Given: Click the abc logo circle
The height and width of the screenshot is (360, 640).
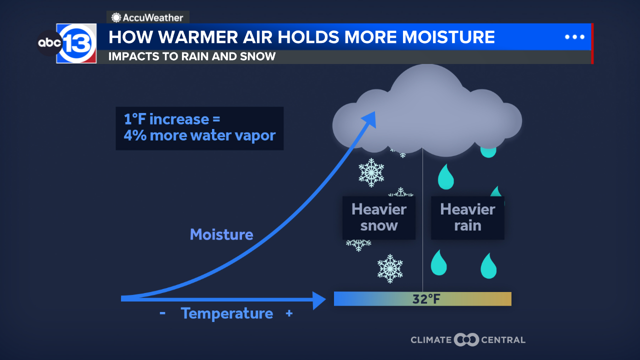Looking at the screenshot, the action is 49,43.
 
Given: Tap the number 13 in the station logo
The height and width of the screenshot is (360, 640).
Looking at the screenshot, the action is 77,43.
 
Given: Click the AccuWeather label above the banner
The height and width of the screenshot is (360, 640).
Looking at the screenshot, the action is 147,17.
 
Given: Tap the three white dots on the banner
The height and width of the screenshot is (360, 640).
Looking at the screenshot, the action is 574,37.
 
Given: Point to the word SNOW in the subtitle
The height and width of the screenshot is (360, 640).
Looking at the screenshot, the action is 257,56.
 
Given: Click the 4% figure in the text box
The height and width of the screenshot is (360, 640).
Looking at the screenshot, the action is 135,135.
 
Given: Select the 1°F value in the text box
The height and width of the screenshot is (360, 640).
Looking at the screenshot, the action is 135,119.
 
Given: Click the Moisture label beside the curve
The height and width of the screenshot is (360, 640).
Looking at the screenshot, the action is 221,234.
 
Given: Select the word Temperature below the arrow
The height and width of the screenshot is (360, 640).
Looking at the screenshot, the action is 227,313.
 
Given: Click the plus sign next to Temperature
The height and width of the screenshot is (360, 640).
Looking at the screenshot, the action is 289,313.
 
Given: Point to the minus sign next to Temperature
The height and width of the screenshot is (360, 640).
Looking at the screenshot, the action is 162,313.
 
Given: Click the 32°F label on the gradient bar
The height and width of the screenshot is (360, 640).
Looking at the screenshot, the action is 426,299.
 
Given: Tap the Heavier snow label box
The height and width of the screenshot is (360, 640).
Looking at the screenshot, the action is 379,217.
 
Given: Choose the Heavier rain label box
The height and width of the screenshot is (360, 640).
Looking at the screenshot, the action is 467,217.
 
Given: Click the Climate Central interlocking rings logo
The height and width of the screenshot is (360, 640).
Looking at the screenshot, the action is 466,339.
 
